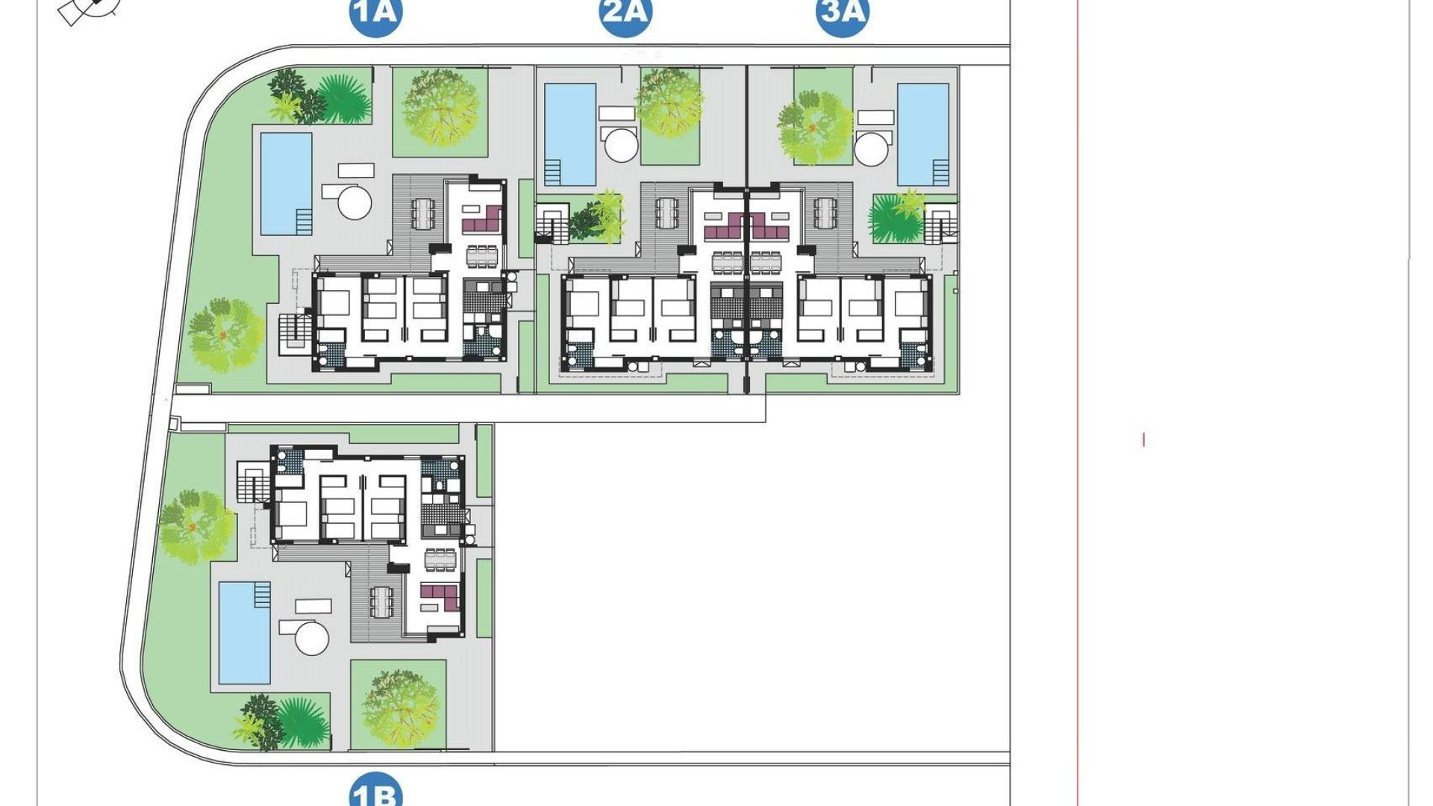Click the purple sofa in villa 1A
pyautogui.click(x=482, y=221)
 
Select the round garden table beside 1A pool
pyautogui.click(x=355, y=202)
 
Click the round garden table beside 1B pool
pyautogui.click(x=312, y=639)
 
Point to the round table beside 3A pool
pyautogui.click(x=871, y=149)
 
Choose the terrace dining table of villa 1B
pyautogui.click(x=381, y=602)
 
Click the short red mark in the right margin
pyautogui.click(x=1143, y=440)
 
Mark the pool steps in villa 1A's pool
pyautogui.click(x=304, y=221)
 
